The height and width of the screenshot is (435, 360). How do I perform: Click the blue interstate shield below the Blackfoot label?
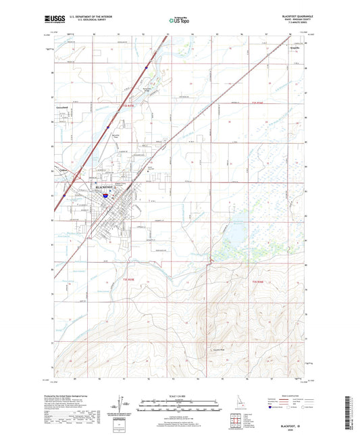pyautogui.click(x=106, y=195)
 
